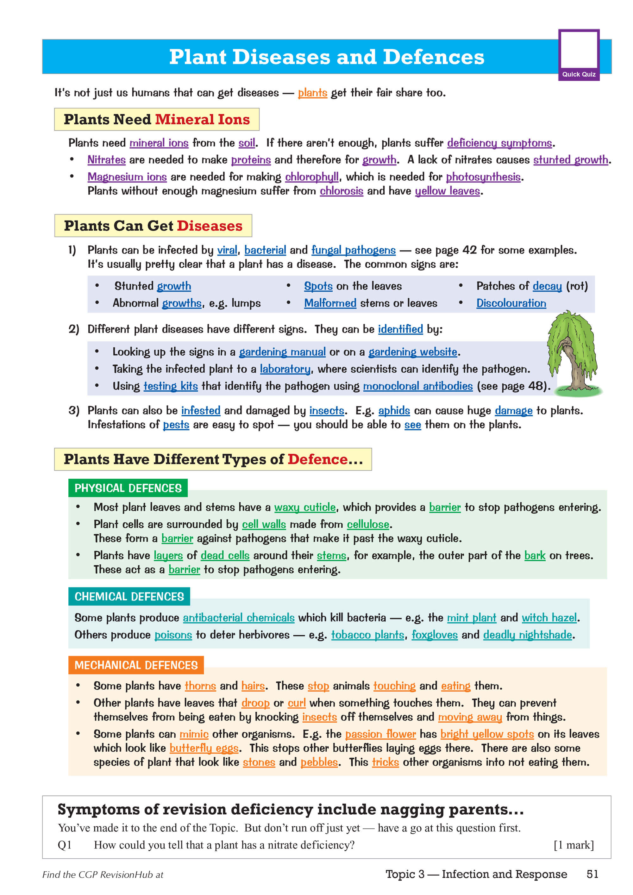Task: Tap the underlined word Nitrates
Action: [x=106, y=160]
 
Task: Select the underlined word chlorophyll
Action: [x=312, y=177]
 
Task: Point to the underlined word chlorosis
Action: [x=341, y=191]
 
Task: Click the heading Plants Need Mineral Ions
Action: [x=156, y=119]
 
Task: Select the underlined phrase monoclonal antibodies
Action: [x=418, y=386]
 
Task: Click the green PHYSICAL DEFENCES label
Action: [x=128, y=488]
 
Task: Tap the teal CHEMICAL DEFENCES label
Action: [x=129, y=596]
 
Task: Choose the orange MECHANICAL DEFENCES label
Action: [x=136, y=665]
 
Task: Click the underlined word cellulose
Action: [x=368, y=524]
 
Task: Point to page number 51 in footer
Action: [x=592, y=874]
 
